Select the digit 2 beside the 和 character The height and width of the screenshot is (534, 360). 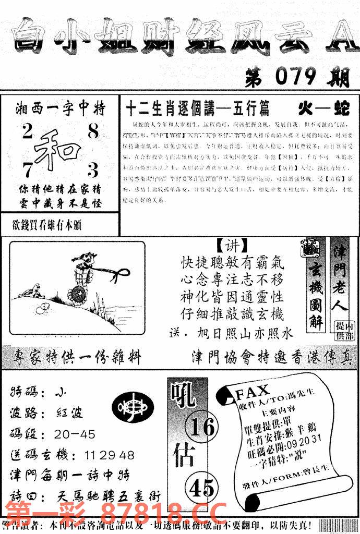(27, 133)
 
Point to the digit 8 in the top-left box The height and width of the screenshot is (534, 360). (93, 132)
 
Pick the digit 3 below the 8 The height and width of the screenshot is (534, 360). (93, 170)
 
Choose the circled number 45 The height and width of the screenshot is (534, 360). (201, 488)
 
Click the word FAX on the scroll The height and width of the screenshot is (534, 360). (253, 390)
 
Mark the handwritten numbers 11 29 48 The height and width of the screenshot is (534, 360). (109, 455)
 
